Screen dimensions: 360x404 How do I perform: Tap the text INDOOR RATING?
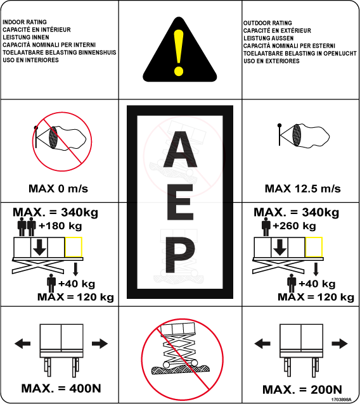(x=25, y=22)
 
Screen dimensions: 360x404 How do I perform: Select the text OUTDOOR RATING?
(x=267, y=23)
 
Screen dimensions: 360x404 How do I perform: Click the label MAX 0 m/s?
(x=58, y=189)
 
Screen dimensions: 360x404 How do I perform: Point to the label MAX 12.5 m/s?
(x=303, y=189)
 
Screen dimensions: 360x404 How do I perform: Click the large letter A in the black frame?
(x=180, y=149)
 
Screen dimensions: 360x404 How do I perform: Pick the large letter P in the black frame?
(x=180, y=255)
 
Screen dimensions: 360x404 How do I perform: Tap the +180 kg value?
(x=60, y=226)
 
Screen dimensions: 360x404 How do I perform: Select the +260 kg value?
(x=294, y=226)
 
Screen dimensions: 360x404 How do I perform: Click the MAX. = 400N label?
(x=61, y=388)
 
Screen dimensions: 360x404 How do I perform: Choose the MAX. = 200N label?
(x=302, y=389)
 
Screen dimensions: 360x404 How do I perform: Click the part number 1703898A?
(x=341, y=400)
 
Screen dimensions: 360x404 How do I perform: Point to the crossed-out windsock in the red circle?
(x=62, y=141)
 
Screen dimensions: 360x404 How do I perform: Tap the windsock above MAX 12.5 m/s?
(x=303, y=136)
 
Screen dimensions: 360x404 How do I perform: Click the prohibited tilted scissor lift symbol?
(x=183, y=360)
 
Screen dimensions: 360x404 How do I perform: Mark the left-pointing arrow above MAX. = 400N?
(x=22, y=343)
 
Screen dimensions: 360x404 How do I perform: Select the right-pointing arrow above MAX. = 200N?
(x=339, y=343)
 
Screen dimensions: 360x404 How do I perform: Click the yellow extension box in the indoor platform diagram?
(x=74, y=247)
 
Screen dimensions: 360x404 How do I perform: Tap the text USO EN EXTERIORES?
(x=271, y=61)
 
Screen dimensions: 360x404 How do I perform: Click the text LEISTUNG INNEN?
(x=26, y=37)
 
